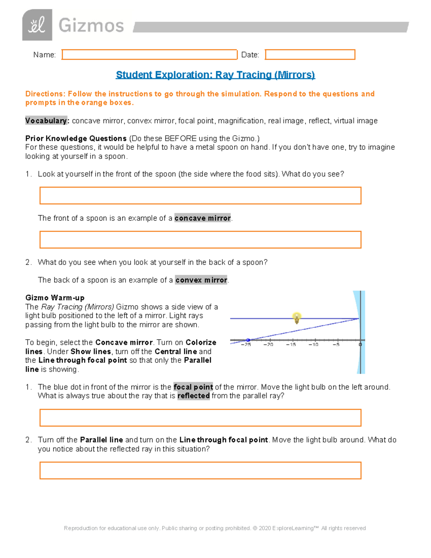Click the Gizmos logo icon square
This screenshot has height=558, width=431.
[x=37, y=25]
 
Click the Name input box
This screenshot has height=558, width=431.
[x=149, y=55]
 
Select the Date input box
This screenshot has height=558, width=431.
[x=310, y=55]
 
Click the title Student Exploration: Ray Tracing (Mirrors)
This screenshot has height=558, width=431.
[x=215, y=75]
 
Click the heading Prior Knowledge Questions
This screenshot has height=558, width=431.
[x=76, y=138]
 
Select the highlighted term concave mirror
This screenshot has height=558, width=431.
[x=203, y=218]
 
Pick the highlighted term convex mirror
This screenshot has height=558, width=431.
[x=201, y=280]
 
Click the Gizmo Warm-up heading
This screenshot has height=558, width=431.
[x=55, y=298]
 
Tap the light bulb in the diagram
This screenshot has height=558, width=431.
[x=297, y=318]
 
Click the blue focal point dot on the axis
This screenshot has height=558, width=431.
[x=248, y=340]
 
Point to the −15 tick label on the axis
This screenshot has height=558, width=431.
[x=291, y=345]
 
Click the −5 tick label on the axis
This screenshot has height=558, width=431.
[x=336, y=345]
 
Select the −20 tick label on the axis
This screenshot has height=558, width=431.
[x=268, y=345]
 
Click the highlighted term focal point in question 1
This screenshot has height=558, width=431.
[x=193, y=387]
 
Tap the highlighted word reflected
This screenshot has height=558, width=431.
[x=194, y=396]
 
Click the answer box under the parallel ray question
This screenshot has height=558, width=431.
[x=200, y=418]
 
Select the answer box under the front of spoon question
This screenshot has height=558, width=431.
[x=200, y=195]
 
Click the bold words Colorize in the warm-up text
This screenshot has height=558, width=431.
[x=201, y=342]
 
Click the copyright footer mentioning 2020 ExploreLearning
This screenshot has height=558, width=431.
[x=215, y=528]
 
